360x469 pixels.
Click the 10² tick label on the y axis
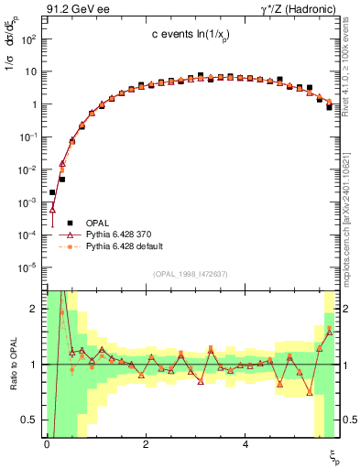(x=29, y=39)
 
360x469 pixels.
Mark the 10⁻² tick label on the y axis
(x=29, y=169)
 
